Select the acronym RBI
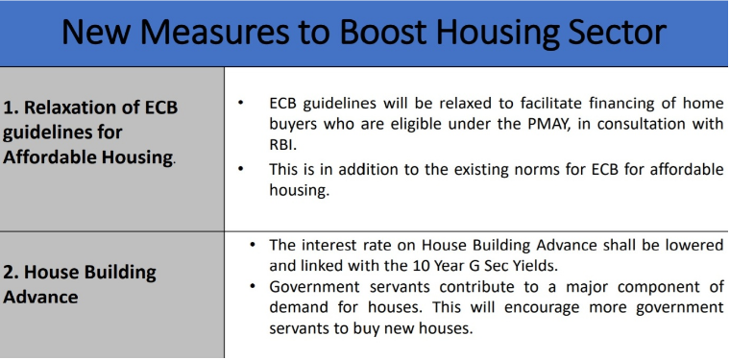[283, 145]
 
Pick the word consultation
[638, 125]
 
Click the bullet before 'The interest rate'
[253, 245]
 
